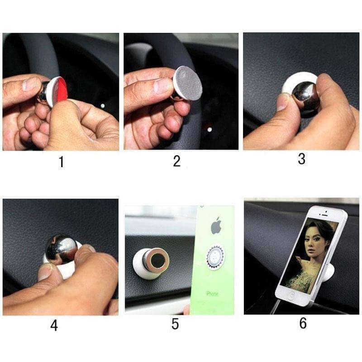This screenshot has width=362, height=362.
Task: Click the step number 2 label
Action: point(177,161)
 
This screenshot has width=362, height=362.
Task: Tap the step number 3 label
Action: point(302,159)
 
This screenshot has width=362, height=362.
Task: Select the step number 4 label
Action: point(54,325)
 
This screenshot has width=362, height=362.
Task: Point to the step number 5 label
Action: point(175,324)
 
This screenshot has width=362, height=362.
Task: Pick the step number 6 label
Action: point(303,323)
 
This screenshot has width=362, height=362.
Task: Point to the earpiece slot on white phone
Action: point(324,214)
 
